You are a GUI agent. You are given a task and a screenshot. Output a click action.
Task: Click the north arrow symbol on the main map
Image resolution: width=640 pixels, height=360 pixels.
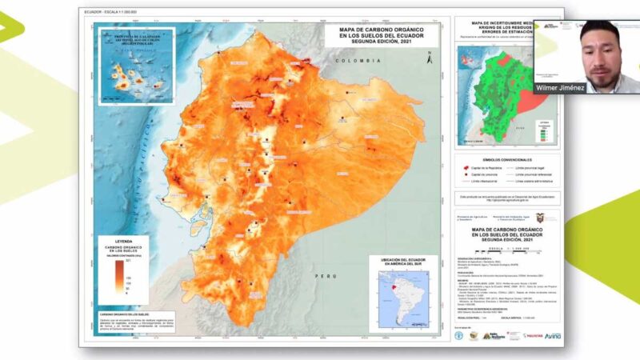tap(430, 57)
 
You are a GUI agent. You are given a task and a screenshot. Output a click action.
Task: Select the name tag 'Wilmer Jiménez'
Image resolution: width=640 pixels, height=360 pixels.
tap(560, 87)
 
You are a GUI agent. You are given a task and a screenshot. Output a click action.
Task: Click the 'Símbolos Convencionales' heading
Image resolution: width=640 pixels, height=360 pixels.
tap(508, 160)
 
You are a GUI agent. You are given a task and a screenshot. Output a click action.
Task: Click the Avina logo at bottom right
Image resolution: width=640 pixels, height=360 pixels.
tap(553, 335)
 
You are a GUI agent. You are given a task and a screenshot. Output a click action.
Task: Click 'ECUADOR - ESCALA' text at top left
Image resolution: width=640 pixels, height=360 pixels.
tap(105, 13)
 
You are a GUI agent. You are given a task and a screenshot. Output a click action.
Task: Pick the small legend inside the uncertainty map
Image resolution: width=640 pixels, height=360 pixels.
tap(543, 132)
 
